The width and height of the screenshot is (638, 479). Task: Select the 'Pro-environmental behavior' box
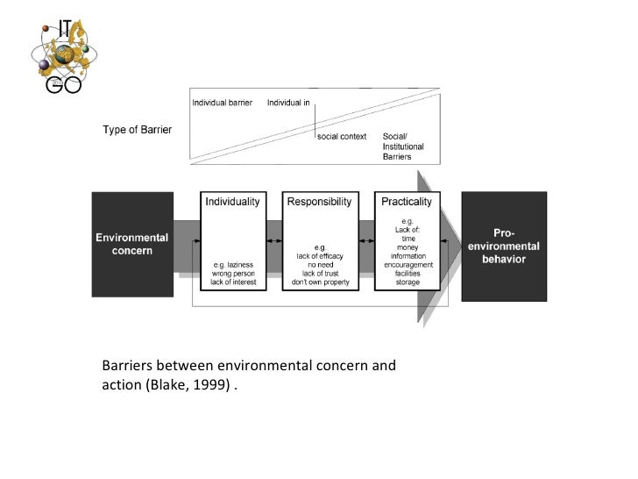coord(516,247)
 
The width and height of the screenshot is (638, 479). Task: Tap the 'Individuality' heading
coord(232,201)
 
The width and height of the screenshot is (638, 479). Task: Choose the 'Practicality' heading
coord(406,201)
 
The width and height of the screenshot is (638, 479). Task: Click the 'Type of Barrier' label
coord(137,131)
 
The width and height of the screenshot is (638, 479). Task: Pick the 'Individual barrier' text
coord(222,103)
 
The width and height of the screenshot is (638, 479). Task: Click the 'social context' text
coord(342,137)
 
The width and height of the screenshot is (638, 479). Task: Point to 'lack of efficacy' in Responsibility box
coord(319,255)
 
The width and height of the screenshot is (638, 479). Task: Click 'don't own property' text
coord(319,281)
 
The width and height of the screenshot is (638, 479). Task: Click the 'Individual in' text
coord(288,103)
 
